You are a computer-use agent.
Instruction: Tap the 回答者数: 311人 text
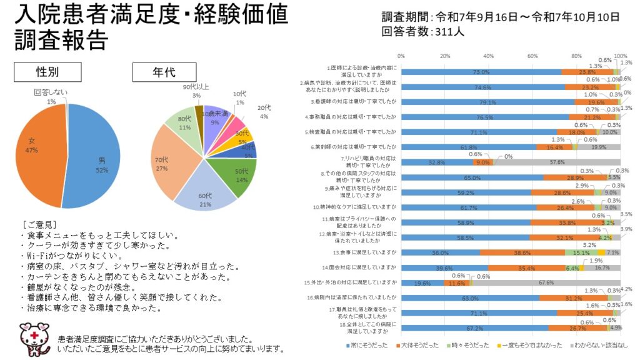(422, 31)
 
